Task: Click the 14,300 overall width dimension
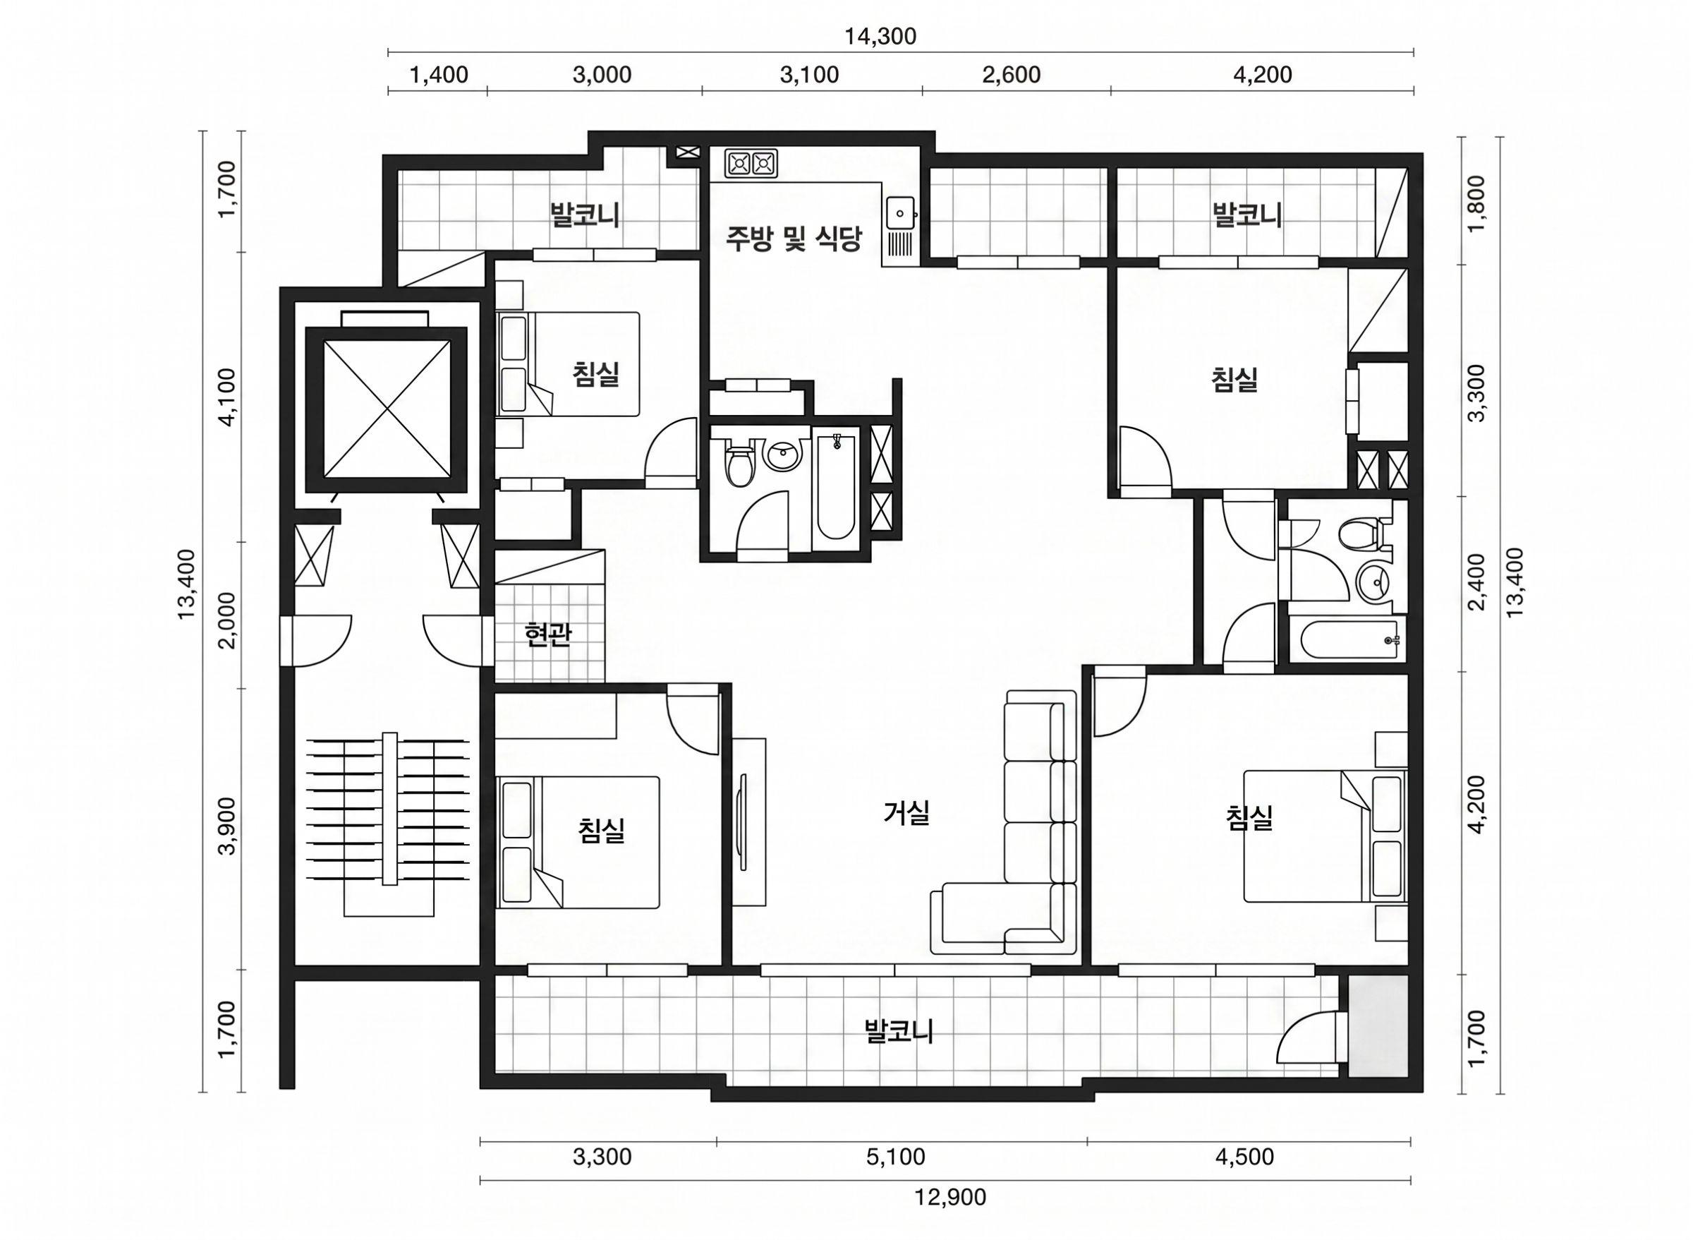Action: point(880,37)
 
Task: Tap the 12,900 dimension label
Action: point(949,1197)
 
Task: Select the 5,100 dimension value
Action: point(896,1157)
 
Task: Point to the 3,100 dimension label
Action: point(809,75)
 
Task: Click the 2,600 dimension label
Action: point(1011,75)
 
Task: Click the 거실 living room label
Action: point(907,813)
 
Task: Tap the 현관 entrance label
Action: point(548,635)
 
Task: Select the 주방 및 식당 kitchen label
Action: point(793,239)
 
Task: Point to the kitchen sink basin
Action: point(899,213)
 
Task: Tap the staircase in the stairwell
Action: point(389,818)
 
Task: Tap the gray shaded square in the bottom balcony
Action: point(1377,1026)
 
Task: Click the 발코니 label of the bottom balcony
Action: point(899,1031)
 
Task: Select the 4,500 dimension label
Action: point(1244,1157)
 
